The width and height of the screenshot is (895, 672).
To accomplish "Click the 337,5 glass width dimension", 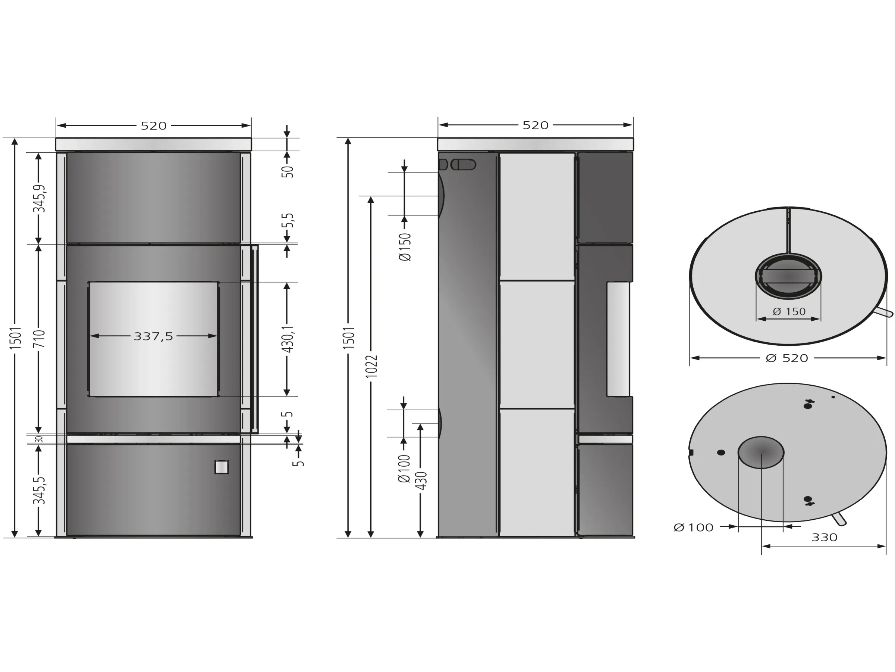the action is tap(153, 336).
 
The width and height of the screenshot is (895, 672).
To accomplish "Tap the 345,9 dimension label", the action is tap(39, 199).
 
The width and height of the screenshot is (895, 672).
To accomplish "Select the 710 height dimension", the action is tap(39, 339).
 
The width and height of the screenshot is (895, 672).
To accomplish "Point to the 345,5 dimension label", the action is tap(39, 491).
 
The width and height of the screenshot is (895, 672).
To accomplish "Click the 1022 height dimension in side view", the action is tap(371, 367).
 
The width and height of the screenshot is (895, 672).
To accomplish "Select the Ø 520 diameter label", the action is tap(787, 358).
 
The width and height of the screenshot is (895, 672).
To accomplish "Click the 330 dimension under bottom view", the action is tap(824, 538).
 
